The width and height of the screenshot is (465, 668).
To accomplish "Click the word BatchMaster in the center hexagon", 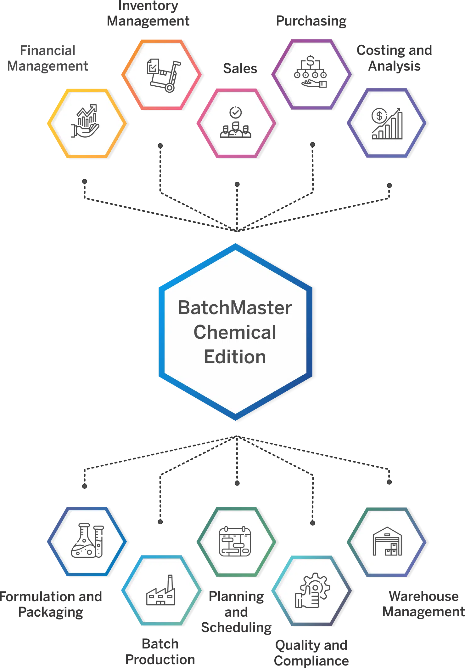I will point(235,308).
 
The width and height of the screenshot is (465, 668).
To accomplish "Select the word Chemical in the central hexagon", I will point(235,332).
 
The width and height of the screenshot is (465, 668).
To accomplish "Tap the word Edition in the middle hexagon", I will point(235,357).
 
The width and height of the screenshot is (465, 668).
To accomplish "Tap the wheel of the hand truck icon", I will point(170,87).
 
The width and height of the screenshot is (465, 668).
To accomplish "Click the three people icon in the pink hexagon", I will point(236,130).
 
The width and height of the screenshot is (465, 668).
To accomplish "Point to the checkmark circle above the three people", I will point(236,112).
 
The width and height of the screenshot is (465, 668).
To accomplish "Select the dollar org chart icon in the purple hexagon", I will point(311,71).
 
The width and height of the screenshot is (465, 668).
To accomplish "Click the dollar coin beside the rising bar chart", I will point(379,116).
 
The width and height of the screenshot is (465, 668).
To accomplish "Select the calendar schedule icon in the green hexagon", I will point(235,541).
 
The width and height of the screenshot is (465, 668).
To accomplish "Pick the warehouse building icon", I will point(387,541).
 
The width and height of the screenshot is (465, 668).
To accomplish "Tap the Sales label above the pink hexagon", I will point(240,69).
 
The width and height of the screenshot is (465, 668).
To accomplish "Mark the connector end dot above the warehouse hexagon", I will point(389,482).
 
